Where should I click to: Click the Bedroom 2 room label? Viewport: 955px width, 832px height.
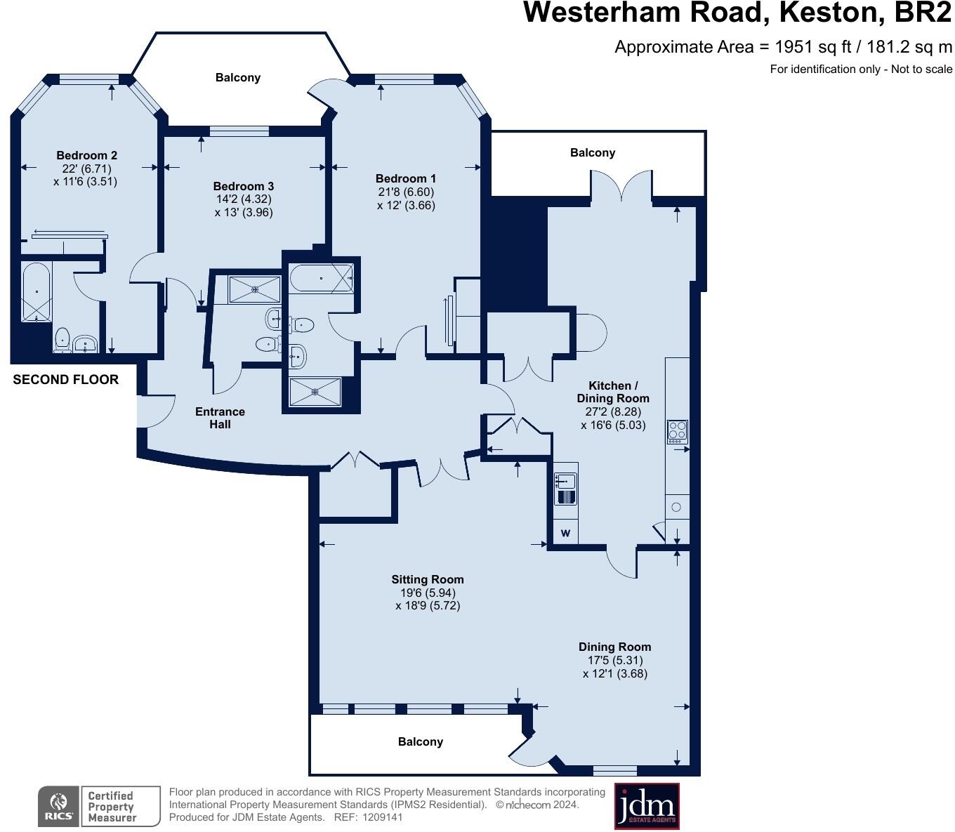click(x=87, y=155)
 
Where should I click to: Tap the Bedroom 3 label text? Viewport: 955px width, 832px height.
click(x=244, y=186)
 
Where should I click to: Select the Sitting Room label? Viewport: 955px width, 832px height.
click(x=428, y=579)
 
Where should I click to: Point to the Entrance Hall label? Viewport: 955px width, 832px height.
click(x=220, y=418)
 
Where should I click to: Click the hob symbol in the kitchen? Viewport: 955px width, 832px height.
click(x=677, y=430)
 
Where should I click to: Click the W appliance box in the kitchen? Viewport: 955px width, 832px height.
click(x=565, y=534)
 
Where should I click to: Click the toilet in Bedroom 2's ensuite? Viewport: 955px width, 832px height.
click(x=62, y=339)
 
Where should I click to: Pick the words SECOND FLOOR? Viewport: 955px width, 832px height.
click(x=66, y=380)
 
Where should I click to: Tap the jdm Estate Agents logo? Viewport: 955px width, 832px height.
click(x=647, y=806)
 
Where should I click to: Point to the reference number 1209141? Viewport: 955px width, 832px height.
click(x=380, y=817)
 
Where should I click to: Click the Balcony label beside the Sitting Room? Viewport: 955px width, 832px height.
click(x=421, y=741)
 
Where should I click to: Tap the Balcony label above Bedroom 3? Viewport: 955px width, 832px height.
click(x=238, y=78)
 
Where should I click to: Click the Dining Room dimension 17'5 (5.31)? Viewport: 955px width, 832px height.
click(x=615, y=660)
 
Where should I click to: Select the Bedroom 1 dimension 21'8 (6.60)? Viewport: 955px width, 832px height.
click(x=406, y=192)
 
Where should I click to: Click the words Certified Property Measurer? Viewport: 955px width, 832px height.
click(x=111, y=806)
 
